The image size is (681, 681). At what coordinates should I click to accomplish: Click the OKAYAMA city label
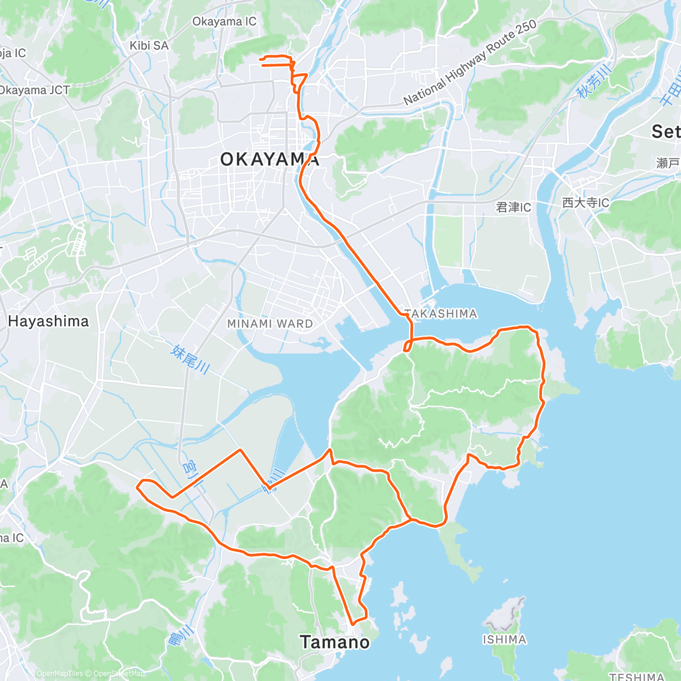pos(270,159)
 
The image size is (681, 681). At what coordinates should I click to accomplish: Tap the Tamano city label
pos(335,642)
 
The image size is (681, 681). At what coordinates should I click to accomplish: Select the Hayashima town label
pos(48,321)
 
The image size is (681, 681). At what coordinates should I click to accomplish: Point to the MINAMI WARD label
pos(270,323)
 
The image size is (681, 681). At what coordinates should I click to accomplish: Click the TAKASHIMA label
pos(440,314)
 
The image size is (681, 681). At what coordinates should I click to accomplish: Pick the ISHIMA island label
pos(504,640)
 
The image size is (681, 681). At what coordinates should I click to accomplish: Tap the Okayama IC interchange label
pos(224,22)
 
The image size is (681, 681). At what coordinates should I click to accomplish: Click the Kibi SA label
pos(149,45)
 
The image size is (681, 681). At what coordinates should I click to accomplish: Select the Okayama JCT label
pos(34,90)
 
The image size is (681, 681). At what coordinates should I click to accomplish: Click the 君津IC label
pos(514,207)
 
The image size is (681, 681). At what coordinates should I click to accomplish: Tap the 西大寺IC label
pos(585,203)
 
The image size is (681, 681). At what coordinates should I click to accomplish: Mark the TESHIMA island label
pos(636,676)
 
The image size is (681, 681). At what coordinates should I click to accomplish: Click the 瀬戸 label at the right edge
pos(668,163)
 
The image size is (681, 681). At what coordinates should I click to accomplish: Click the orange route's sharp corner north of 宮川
pos(241,450)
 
